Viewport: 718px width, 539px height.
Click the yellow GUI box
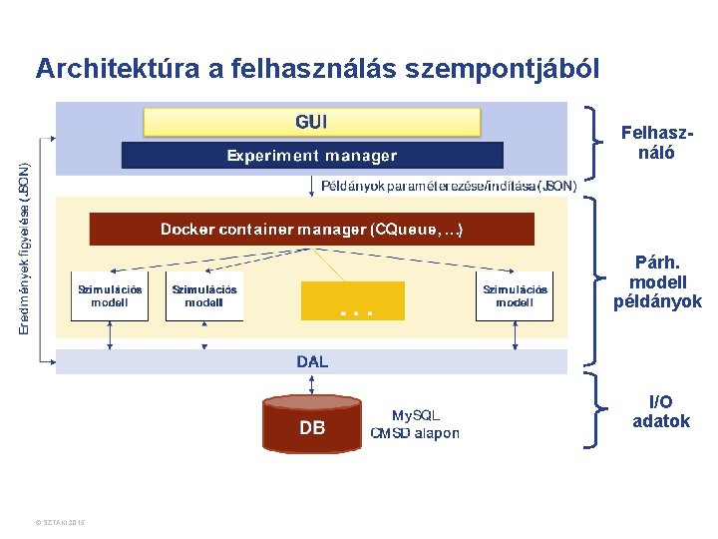coord(312,122)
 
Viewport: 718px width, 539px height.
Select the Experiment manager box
coord(312,156)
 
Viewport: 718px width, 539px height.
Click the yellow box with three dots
coord(353,299)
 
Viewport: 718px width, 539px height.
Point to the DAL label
coord(312,361)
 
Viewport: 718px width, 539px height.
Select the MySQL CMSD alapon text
coord(415,424)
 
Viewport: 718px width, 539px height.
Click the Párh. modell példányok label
coord(657,282)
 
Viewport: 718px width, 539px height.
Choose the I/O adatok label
coord(660,411)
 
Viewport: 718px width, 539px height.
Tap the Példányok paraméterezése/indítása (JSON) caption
coord(448,186)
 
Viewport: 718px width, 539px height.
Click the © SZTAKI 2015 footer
coord(59,522)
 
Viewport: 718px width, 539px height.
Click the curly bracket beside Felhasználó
coord(595,140)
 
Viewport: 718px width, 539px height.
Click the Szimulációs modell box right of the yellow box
coord(515,296)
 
